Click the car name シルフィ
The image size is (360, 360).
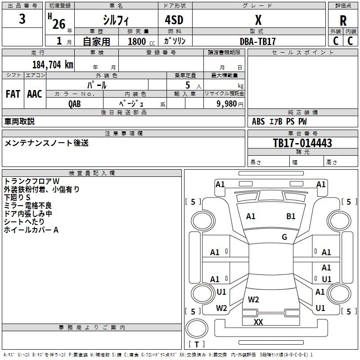[x=116, y=20]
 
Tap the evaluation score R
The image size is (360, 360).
[x=343, y=20]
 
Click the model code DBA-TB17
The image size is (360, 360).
[x=258, y=41]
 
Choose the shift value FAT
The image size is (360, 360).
[x=13, y=94]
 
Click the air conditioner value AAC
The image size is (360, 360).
[x=35, y=94]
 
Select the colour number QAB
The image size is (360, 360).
[x=75, y=103]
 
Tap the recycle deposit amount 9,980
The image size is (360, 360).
[x=227, y=103]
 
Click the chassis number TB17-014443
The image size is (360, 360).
[x=302, y=143]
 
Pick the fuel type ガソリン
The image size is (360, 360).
[x=175, y=41]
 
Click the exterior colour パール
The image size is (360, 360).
[x=97, y=85]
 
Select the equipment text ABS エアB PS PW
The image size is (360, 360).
[x=280, y=121]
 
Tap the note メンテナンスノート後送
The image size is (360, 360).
[x=47, y=143]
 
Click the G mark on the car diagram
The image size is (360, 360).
[x=284, y=237]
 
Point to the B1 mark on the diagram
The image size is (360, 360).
[x=291, y=216]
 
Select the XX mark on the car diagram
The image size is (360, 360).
[x=258, y=322]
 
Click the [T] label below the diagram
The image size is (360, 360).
[x=197, y=344]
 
